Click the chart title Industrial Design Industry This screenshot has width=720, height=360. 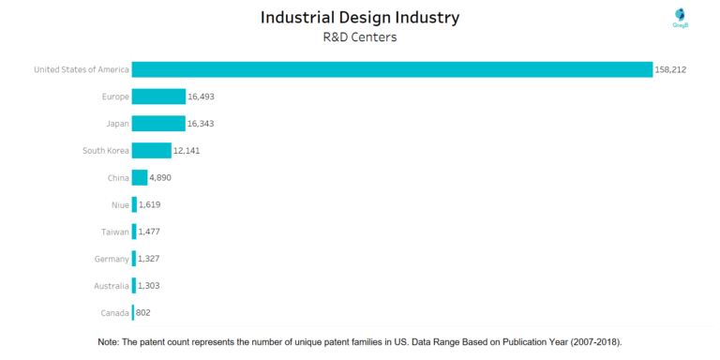[x=360, y=18]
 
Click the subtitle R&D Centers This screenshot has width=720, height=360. [x=360, y=38]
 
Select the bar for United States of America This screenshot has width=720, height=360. [x=392, y=69]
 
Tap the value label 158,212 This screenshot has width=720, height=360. [x=671, y=69]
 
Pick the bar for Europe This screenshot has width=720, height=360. [x=158, y=97]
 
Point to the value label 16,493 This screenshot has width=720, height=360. [x=203, y=97]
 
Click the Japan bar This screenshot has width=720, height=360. [x=158, y=124]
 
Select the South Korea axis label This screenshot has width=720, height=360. [x=105, y=151]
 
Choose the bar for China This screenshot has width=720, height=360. [x=140, y=178]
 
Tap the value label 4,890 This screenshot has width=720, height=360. [x=160, y=178]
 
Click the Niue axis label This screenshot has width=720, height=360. [x=119, y=204]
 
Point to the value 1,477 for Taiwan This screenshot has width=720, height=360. [x=151, y=232]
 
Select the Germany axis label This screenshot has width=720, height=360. [x=112, y=259]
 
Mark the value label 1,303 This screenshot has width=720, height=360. [x=151, y=286]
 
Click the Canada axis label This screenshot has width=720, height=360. [x=114, y=313]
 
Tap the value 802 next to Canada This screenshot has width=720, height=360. [x=144, y=313]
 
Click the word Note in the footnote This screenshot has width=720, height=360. [x=109, y=343]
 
